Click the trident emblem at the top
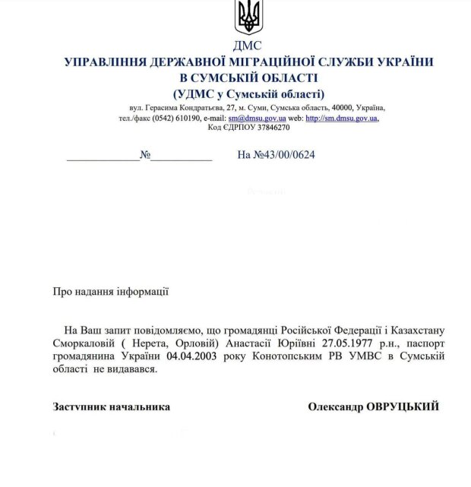pyautogui.click(x=248, y=17)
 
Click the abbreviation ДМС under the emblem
pyautogui.click(x=248, y=46)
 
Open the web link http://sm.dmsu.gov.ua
pyautogui.click(x=342, y=119)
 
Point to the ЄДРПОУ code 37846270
pyautogui.click(x=266, y=128)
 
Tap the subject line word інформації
pyautogui.click(x=142, y=291)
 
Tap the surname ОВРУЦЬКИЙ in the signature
pyautogui.click(x=404, y=407)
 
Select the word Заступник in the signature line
pyautogui.click(x=79, y=407)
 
